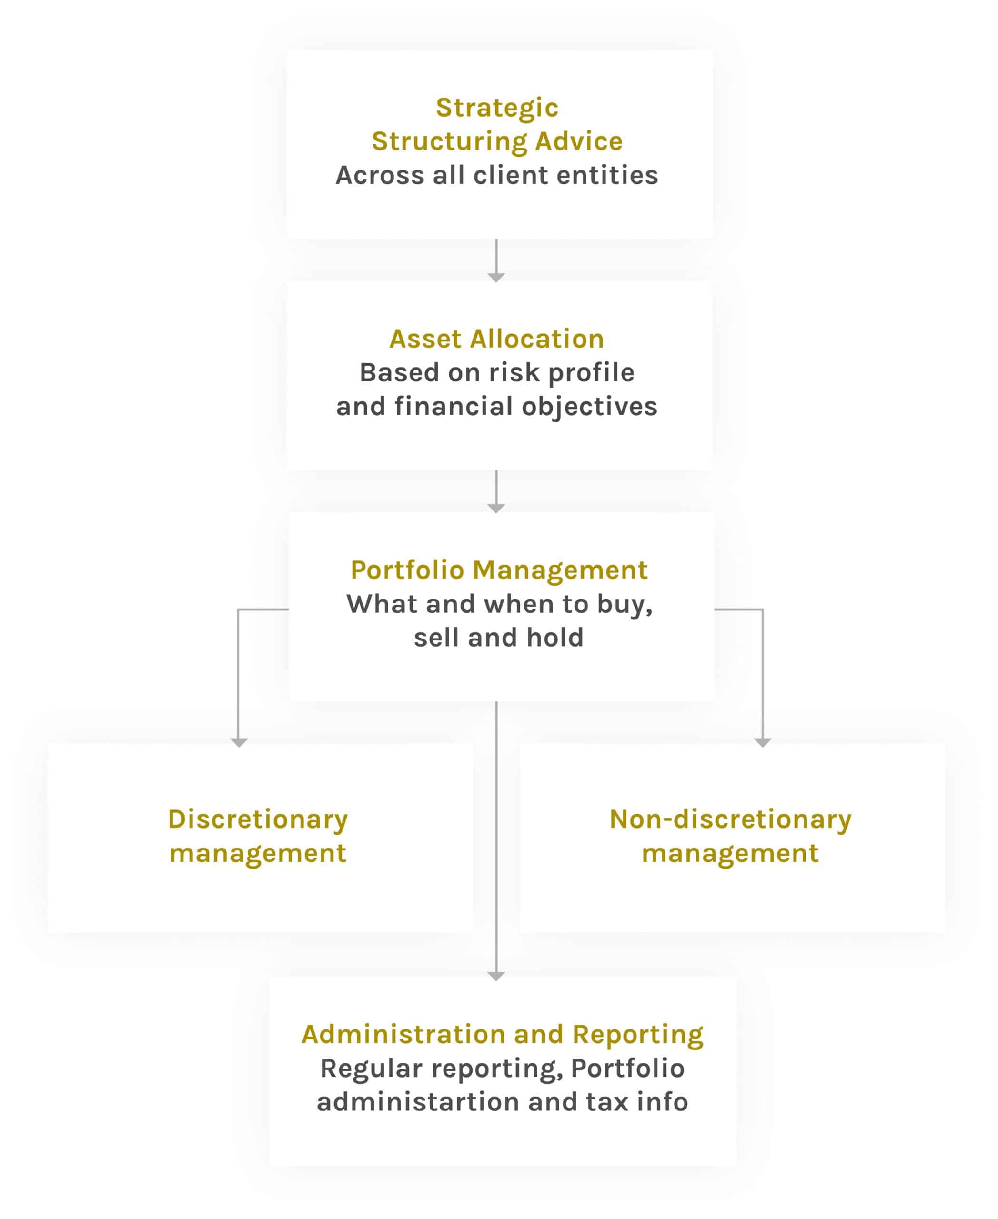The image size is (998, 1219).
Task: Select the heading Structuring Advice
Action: click(497, 141)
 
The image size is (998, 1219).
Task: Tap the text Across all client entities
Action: click(497, 175)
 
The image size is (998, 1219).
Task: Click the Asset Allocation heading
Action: click(497, 339)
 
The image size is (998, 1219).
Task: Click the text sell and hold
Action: click(498, 638)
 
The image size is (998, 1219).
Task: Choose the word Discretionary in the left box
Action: click(258, 820)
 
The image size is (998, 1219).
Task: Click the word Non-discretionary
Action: click(731, 820)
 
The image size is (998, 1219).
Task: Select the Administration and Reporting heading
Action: click(503, 1035)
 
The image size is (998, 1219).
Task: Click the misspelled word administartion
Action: click(419, 1102)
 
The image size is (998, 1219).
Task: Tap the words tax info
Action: click(637, 1102)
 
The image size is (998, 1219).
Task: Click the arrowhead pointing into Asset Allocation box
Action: click(496, 278)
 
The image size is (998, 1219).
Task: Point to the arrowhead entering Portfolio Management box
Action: click(496, 508)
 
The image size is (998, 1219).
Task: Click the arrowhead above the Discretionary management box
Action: click(239, 742)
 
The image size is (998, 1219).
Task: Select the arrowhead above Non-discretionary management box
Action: click(763, 742)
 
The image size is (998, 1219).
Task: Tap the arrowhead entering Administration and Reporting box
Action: click(496, 976)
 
